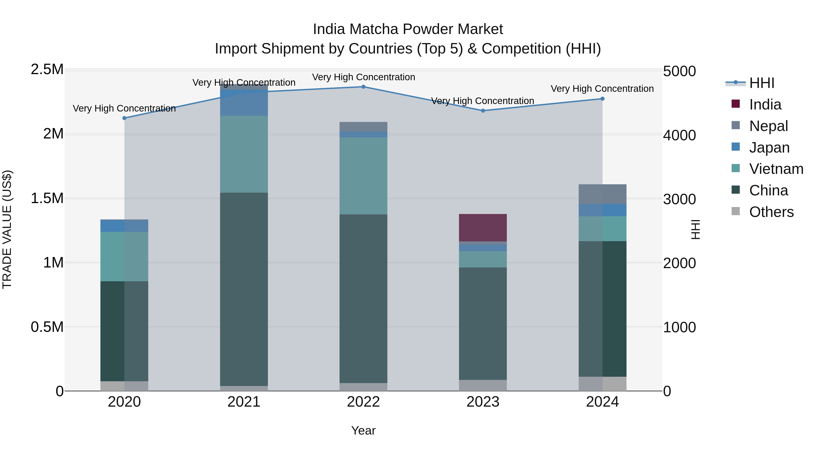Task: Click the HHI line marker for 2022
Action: coord(363,87)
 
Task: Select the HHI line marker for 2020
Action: coord(124,118)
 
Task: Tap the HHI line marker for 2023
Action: coord(483,111)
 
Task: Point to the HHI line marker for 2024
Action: coord(602,99)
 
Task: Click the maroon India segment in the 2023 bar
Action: coord(483,228)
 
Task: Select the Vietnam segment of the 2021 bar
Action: coord(244,154)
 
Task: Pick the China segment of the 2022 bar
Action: coord(363,299)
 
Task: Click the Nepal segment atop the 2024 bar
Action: coord(602,194)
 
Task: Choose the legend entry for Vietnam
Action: coord(776,169)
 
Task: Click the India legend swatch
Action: coord(736,104)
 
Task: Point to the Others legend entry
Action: coord(771,212)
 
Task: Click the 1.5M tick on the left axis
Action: coord(47,198)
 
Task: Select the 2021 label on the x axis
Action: coord(244,402)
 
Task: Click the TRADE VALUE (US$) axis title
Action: coord(7,229)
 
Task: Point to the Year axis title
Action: coord(363,430)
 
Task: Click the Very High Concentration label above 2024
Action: coord(602,89)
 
